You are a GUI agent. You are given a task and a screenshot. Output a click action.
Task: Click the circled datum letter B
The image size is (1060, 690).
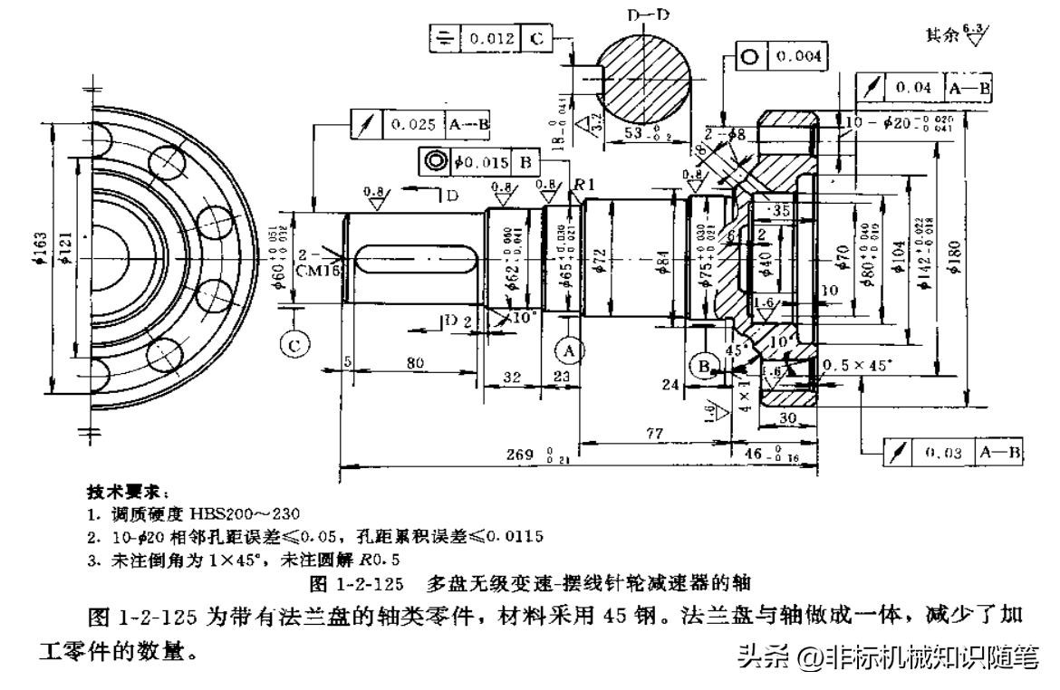[x=703, y=367]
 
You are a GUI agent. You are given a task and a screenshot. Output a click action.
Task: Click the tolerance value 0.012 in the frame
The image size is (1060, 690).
[x=489, y=39]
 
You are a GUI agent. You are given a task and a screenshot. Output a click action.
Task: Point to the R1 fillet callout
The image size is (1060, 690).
[x=583, y=184]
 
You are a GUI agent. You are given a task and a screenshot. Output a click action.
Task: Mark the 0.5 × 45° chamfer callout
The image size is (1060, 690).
[x=855, y=365]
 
